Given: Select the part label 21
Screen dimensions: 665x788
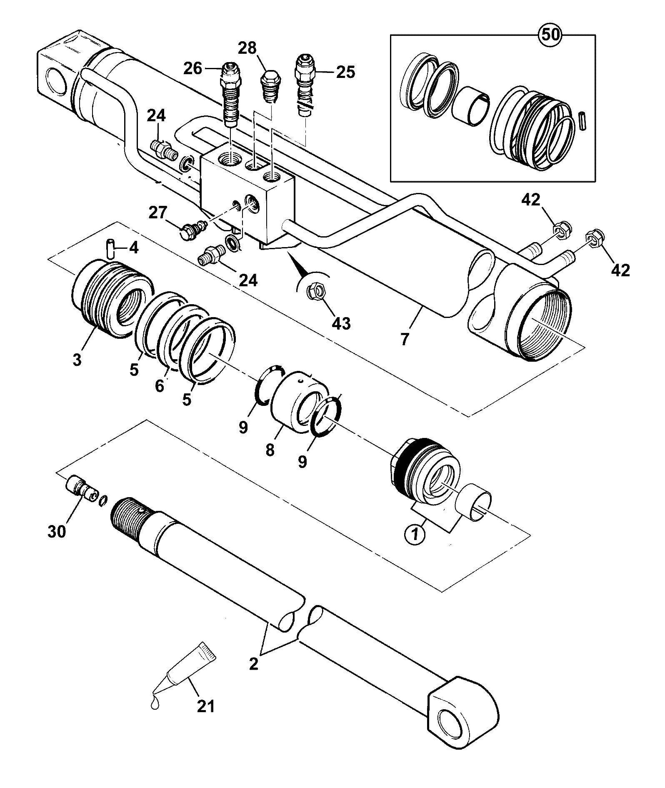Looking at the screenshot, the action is tap(206, 706).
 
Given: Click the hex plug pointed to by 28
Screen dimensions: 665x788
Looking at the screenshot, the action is tap(271, 88).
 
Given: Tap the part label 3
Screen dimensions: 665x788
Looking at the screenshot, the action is tap(77, 360).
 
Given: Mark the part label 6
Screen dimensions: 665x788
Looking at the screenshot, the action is tap(160, 386).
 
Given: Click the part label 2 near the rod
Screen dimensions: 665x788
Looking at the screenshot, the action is tap(253, 663).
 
